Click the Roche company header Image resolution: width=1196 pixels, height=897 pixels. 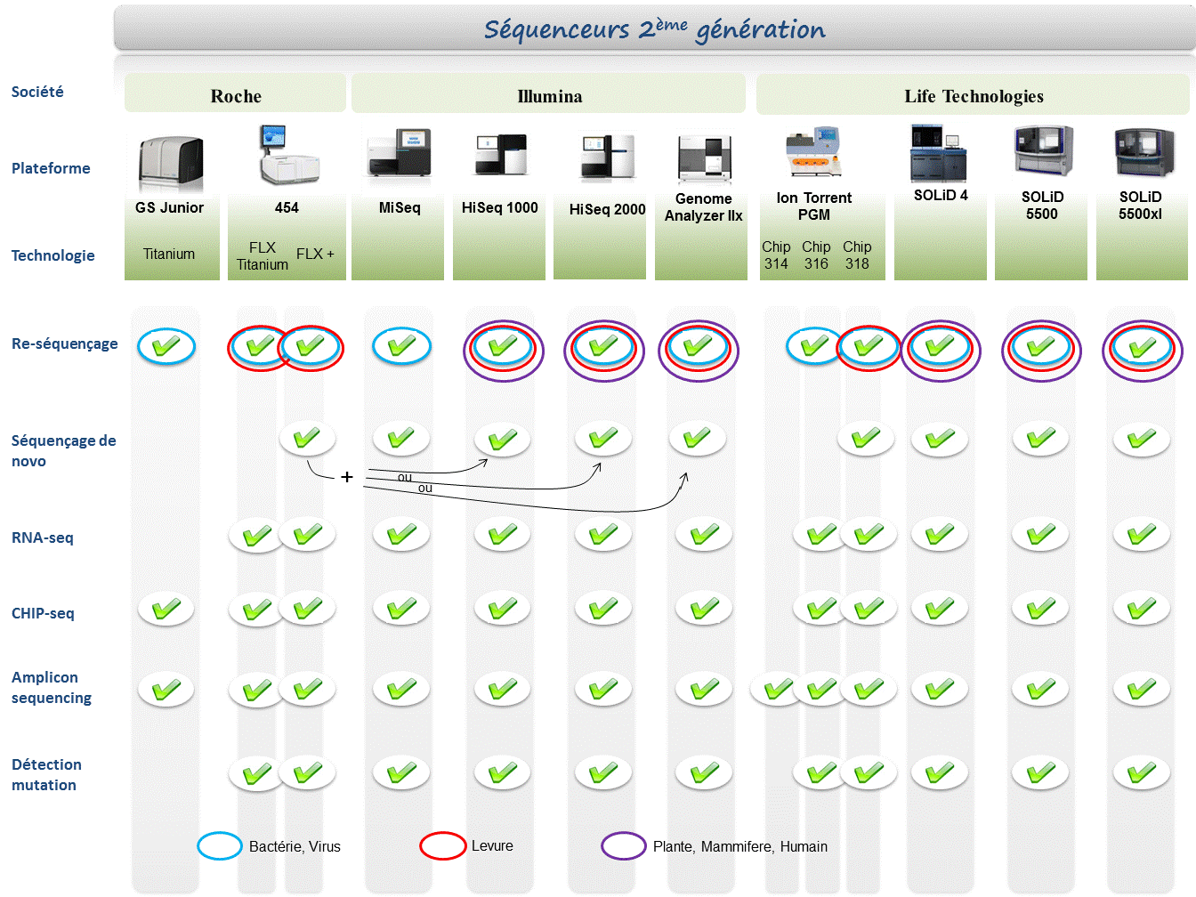click(236, 96)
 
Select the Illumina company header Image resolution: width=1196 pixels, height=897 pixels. click(549, 96)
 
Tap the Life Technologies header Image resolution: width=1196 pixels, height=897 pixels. click(974, 96)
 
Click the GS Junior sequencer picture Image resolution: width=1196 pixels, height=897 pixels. click(170, 163)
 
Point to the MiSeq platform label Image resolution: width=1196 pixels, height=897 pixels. click(400, 207)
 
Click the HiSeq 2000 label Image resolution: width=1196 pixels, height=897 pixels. click(607, 209)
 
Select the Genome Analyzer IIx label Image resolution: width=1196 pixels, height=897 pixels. click(703, 207)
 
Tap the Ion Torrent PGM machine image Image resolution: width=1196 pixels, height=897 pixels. click(812, 152)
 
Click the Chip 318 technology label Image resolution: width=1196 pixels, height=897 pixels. click(857, 255)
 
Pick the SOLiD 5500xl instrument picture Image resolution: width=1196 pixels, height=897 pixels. click(1143, 152)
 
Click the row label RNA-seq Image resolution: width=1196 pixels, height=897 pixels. click(43, 537)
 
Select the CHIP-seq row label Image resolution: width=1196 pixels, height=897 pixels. click(43, 613)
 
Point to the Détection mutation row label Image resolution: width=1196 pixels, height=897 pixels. click(46, 774)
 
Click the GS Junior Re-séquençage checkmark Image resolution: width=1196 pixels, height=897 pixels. click(166, 346)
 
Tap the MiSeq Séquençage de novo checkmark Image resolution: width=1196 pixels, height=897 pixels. click(401, 438)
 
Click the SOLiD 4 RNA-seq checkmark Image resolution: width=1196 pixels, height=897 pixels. click(940, 534)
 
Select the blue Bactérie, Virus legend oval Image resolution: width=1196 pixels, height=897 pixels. click(220, 845)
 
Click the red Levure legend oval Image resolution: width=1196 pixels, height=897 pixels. click(443, 845)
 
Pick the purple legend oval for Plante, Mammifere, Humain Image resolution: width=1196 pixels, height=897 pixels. click(624, 845)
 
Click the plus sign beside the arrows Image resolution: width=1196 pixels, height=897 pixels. click(347, 477)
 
